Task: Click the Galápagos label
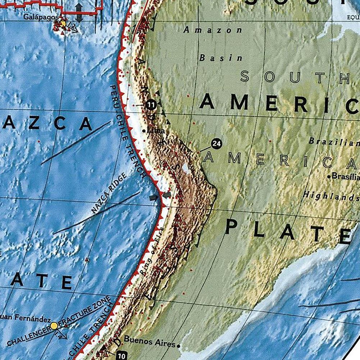pos(41,17)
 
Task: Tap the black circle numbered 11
pos(151,105)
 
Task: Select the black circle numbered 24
pos(216,144)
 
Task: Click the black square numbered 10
pos(122,356)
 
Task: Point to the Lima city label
pos(156,131)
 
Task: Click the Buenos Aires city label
pos(149,341)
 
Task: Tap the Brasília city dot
pos(329,176)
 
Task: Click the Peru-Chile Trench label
pos(128,131)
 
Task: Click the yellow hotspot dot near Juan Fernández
pos(54,326)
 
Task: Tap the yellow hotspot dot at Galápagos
pos(63,24)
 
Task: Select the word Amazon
pos(213,30)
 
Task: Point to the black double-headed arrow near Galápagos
pos(79,13)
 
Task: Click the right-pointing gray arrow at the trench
pos(154,197)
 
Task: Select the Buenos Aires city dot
pos(178,346)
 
